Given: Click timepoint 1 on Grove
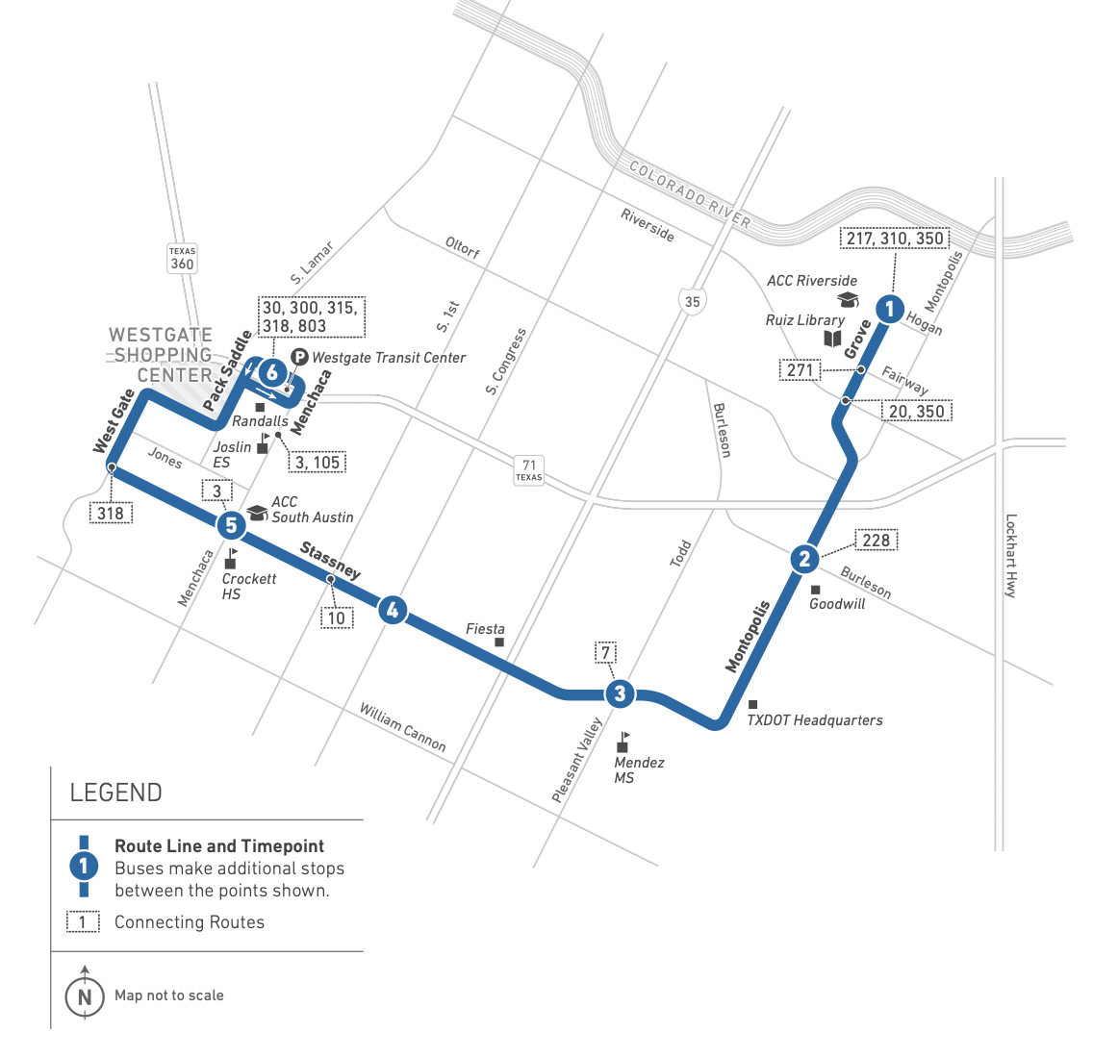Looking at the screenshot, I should [x=890, y=309].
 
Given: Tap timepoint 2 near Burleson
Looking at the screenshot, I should [x=804, y=559].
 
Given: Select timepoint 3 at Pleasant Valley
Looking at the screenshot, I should [x=620, y=693].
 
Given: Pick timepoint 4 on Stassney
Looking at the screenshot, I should [x=392, y=610].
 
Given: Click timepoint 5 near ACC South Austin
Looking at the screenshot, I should [x=231, y=525].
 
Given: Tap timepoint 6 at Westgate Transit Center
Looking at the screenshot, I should [x=273, y=372].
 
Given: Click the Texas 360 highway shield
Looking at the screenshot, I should [x=182, y=259].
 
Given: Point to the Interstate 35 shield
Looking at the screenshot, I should [x=692, y=300].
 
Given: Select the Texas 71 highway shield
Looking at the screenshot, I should [x=529, y=470].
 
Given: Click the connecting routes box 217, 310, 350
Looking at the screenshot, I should [x=895, y=239].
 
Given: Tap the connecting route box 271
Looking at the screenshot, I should [x=801, y=370].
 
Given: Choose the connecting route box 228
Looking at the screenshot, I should [x=876, y=540].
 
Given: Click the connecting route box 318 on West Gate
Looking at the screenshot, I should [x=111, y=513].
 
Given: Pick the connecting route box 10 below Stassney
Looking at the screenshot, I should [x=336, y=617].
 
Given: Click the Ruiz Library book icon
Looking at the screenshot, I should [x=832, y=339].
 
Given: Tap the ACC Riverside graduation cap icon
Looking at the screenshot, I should [x=848, y=300].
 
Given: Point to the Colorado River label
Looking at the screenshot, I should [x=689, y=193].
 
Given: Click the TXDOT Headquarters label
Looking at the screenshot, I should [x=814, y=720].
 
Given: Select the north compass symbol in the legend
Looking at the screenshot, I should [x=85, y=995].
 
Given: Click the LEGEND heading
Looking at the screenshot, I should [x=115, y=793].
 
